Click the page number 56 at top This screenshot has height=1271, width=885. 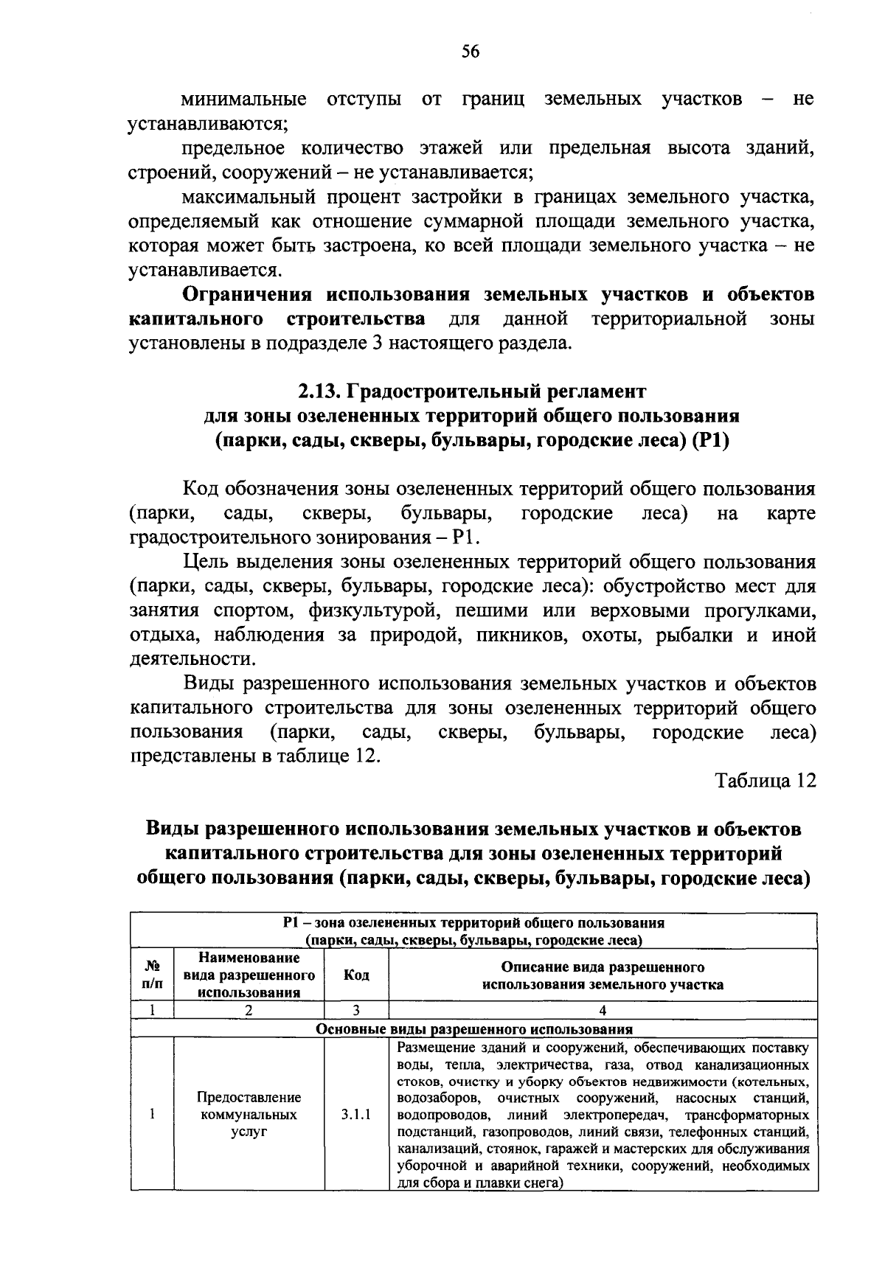471,51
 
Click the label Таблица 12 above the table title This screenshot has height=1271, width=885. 766,781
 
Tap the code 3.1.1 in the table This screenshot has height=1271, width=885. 356,1115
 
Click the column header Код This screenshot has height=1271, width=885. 356,975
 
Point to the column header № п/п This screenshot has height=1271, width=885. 153,975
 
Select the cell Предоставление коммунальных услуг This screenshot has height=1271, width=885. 249,1115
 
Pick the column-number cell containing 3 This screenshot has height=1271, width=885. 356,1011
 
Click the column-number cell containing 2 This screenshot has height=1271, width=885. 249,1011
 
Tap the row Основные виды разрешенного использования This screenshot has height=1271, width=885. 474,1029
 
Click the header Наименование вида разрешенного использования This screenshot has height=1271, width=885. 249,975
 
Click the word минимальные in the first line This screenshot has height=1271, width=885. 244,100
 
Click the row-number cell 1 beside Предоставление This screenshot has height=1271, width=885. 152,1115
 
